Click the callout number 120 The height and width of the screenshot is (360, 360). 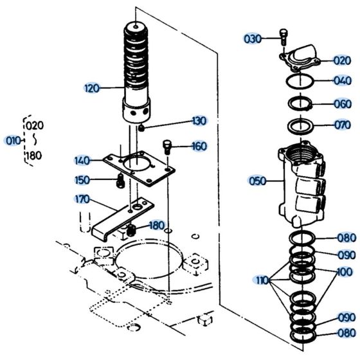point(92,88)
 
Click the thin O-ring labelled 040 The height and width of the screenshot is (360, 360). point(300,82)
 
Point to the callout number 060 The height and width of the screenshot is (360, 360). point(342,104)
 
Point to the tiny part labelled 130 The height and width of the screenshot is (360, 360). point(141,127)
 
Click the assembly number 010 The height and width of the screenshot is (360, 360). point(12,140)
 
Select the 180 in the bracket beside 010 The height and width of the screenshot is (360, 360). point(33,156)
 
